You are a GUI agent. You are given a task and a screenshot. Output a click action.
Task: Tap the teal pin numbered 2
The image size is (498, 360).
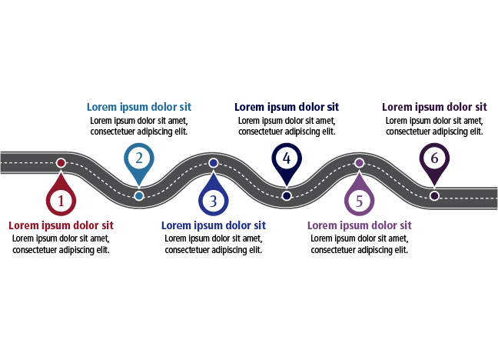click(139, 159)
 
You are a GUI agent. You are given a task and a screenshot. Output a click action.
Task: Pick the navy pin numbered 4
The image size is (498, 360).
click(287, 159)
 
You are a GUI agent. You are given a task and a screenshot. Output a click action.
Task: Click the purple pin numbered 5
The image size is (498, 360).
click(359, 202)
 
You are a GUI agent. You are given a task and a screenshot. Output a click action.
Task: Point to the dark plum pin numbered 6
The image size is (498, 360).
click(434, 159)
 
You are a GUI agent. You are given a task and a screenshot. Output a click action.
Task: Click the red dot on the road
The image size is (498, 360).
click(61, 162)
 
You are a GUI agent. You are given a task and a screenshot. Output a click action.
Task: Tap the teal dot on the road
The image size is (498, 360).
click(138, 195)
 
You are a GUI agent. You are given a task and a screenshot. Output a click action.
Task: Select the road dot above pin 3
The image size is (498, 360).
click(214, 162)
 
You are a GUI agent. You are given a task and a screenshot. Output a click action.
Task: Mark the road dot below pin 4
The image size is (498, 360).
click(287, 195)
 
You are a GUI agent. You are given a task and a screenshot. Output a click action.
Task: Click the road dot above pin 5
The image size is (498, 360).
click(359, 162)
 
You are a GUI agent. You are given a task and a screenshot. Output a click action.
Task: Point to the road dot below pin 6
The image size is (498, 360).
click(434, 195)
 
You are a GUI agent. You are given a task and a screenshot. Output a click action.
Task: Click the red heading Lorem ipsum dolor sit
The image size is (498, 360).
click(61, 225)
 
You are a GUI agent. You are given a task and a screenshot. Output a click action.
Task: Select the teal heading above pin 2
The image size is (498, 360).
click(139, 107)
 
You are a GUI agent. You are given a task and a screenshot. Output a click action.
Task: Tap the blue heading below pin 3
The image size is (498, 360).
click(214, 225)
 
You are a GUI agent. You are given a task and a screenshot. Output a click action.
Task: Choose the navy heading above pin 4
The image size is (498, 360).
click(287, 107)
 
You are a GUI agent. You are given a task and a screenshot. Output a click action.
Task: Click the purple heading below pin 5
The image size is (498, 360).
click(359, 225)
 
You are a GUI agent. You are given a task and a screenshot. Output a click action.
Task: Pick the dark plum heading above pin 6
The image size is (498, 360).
click(434, 107)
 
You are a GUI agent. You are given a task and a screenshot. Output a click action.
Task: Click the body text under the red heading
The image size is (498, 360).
click(61, 244)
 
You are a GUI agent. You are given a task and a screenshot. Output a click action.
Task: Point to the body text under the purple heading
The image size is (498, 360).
click(359, 244)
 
